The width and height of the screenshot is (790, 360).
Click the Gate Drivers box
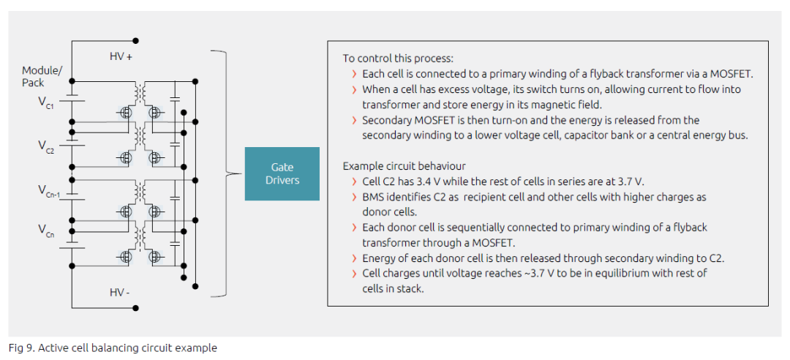click(282, 173)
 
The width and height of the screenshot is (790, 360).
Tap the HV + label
click(121, 57)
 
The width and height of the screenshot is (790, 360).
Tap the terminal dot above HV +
click(135, 41)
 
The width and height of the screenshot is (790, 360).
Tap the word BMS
click(372, 197)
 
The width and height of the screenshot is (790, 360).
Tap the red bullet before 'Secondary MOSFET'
click(355, 121)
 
